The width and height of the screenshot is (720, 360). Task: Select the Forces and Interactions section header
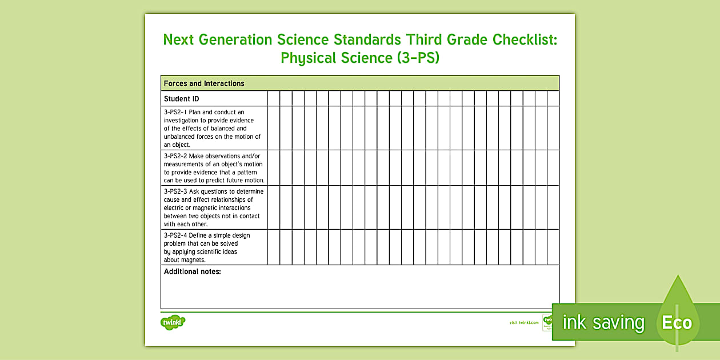click(204, 83)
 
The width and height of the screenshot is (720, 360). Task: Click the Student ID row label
click(181, 99)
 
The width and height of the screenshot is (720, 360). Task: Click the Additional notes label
click(192, 272)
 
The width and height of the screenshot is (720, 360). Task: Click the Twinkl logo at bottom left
click(173, 322)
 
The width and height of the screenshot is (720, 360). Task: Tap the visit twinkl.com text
click(523, 323)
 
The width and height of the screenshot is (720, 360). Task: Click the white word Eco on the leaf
click(677, 323)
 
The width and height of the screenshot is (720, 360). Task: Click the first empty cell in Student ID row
click(274, 99)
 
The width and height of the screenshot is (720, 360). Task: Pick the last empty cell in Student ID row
click(553, 99)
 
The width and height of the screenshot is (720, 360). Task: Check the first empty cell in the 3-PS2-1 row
click(274, 128)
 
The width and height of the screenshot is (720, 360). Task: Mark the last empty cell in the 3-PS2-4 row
click(553, 247)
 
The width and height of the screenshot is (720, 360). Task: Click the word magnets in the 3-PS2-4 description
click(193, 260)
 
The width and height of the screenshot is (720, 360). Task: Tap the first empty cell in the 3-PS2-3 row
click(274, 207)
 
